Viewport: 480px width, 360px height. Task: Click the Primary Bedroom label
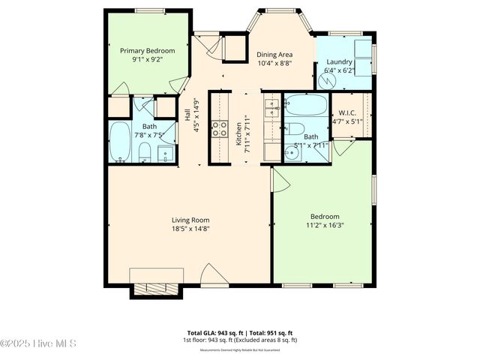tap(148, 50)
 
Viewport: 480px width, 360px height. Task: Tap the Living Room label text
tap(190, 220)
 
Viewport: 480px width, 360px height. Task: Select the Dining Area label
tap(275, 55)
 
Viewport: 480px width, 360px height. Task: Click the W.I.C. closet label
tap(346, 112)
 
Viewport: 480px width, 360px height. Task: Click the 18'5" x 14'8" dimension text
tap(190, 229)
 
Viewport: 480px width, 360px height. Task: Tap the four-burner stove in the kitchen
tap(220, 129)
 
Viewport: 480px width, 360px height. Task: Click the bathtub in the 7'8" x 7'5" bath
tap(119, 142)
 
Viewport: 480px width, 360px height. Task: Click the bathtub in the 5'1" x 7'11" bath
tap(306, 104)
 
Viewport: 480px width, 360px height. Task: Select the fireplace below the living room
tap(156, 288)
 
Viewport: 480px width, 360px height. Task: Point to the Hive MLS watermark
tap(39, 344)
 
